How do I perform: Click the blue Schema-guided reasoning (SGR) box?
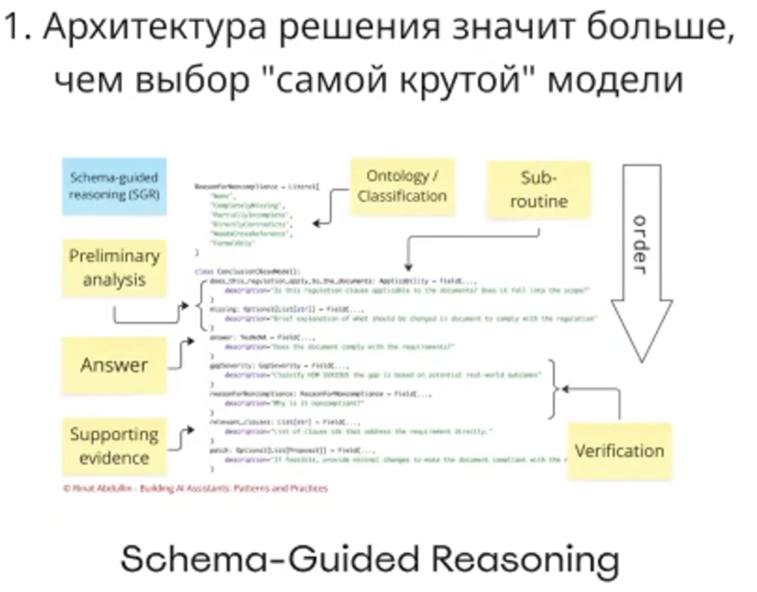pyautogui.click(x=114, y=186)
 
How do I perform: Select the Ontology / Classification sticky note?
pyautogui.click(x=402, y=186)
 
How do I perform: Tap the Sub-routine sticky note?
pyautogui.click(x=539, y=189)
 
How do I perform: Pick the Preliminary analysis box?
pyautogui.click(x=114, y=268)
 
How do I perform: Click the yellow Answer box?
pyautogui.click(x=114, y=365)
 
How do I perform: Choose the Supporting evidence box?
pyautogui.click(x=114, y=446)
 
